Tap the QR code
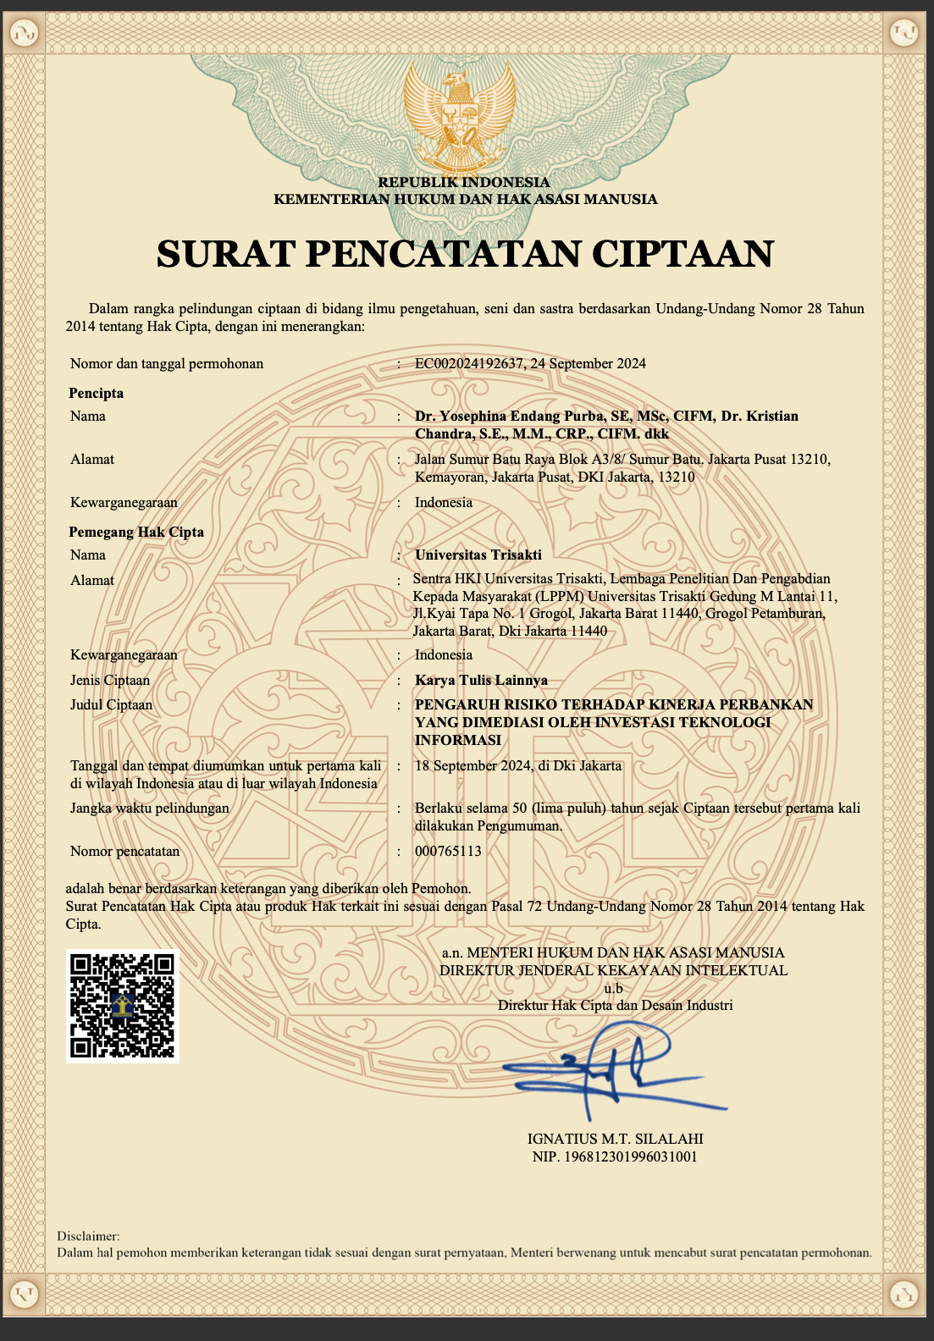(123, 1005)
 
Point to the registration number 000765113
(448, 851)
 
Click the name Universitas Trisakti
(478, 555)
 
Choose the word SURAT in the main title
(225, 253)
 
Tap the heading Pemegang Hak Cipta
(136, 532)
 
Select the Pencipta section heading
(97, 393)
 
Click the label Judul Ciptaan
(112, 704)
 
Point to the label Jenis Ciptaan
(110, 680)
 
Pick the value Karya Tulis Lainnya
(481, 680)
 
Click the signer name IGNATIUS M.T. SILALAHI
(615, 1139)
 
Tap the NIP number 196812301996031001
(631, 1156)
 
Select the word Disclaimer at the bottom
(88, 1236)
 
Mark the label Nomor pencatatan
(124, 851)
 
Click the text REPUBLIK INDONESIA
(464, 182)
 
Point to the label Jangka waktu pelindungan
(150, 808)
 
